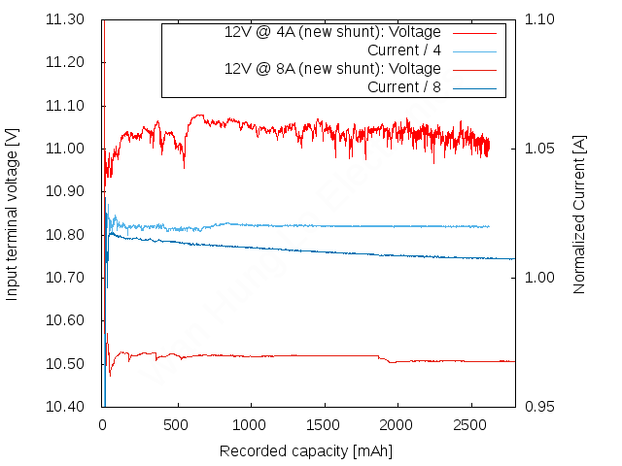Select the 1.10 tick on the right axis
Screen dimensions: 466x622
[539, 19]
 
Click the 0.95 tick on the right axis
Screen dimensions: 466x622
[539, 407]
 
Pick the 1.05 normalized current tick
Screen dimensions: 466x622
[539, 149]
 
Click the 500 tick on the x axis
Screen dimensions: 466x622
[176, 424]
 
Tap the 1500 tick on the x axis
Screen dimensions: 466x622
[323, 424]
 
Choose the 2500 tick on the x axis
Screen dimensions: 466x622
[470, 424]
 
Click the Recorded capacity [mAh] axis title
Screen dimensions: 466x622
[306, 451]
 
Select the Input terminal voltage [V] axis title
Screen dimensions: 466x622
[13, 212]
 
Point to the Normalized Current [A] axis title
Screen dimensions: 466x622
[580, 214]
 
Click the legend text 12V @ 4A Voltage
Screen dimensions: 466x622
[332, 32]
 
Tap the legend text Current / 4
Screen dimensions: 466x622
[404, 50]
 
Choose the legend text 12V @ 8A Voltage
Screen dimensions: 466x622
[332, 69]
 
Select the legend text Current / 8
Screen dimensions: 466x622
[404, 87]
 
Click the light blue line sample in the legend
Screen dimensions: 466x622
[474, 50]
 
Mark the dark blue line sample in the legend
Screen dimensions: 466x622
[474, 87]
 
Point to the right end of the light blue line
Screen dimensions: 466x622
[489, 226]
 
